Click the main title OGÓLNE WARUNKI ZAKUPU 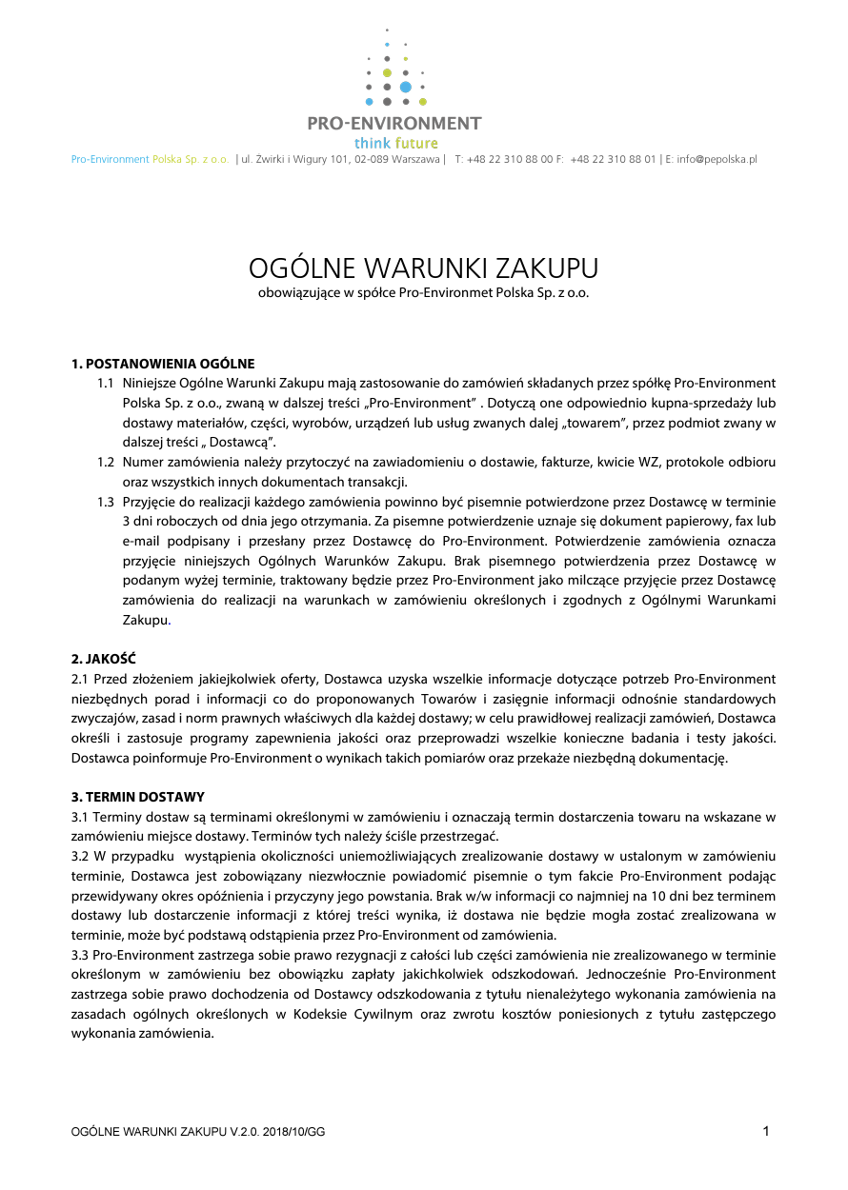tap(423, 267)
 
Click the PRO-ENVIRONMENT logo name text tap(394, 124)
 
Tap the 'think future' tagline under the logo tap(396, 144)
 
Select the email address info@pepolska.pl tap(717, 160)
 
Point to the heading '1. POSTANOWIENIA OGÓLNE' tap(163, 364)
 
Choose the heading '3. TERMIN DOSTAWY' tap(138, 797)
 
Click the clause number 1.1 tap(106, 384)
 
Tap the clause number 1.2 tap(106, 462)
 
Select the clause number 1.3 tap(106, 502)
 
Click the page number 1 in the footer tap(766, 1131)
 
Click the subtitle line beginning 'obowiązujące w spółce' tap(423, 293)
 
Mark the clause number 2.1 tap(81, 679)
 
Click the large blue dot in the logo tap(406, 87)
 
